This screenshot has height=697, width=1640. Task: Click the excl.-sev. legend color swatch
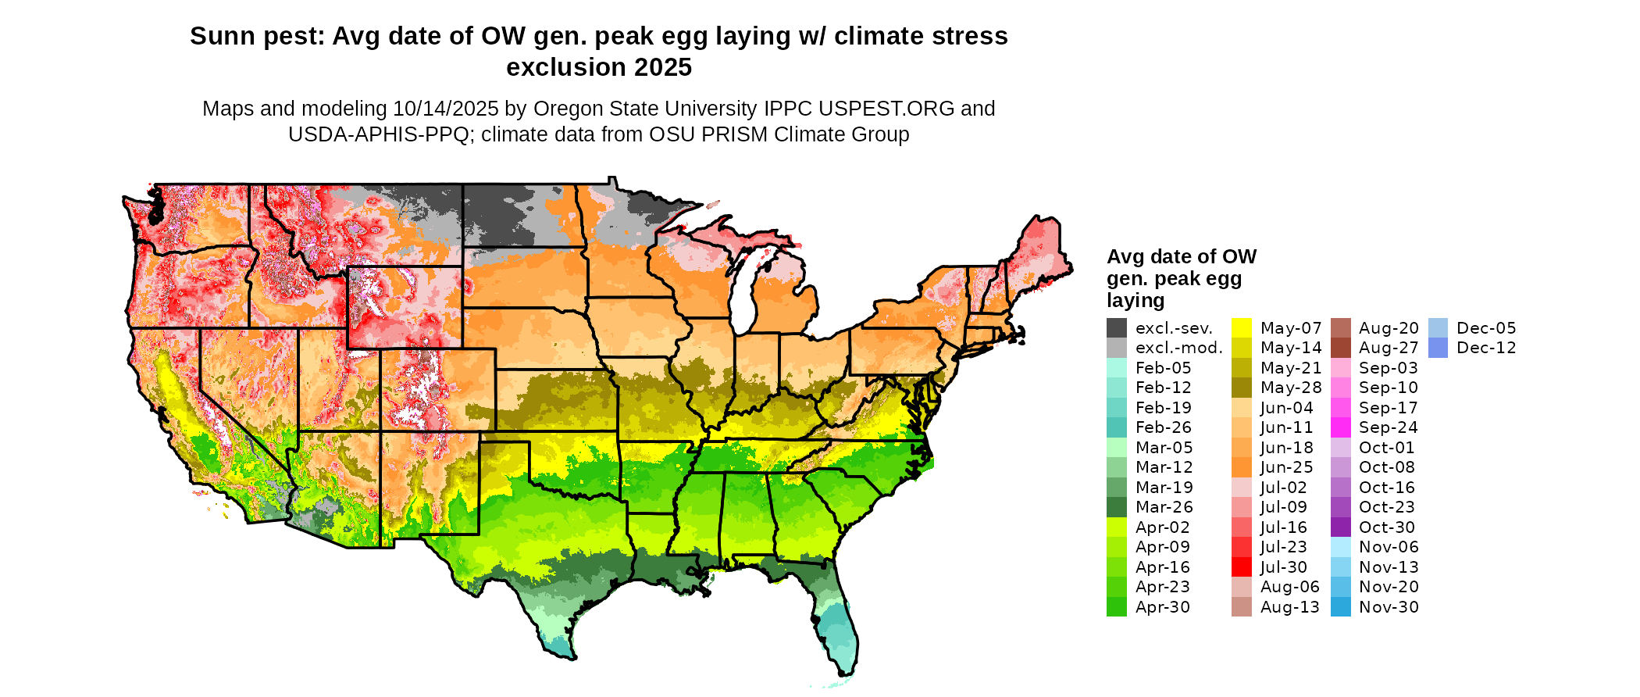pos(1117,328)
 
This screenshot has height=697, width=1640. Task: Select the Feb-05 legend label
pos(1163,368)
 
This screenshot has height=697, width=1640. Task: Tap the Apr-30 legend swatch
pos(1117,607)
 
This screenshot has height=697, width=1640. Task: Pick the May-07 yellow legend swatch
pos(1242,328)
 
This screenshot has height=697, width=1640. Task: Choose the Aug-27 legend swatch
pos(1340,348)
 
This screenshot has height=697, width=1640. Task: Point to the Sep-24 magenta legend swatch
pos(1340,427)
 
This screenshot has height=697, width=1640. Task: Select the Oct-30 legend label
pos(1387,527)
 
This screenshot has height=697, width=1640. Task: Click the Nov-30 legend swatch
pos(1340,607)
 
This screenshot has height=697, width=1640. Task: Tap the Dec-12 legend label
pos(1486,348)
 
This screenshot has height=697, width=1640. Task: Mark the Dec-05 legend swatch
pos(1438,328)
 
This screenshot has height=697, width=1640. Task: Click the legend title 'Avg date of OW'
pos(1181,257)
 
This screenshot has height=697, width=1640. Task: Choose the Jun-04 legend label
pos(1286,408)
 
